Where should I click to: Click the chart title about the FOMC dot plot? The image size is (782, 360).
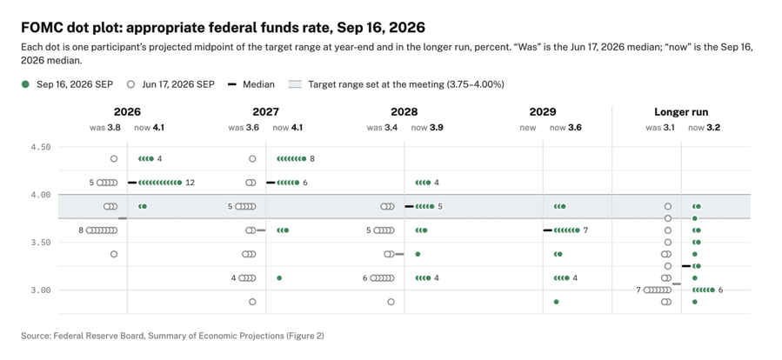click(x=223, y=27)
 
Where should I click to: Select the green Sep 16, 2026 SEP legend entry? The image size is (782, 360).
click(x=67, y=84)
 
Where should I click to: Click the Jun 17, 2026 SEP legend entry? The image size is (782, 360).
click(x=171, y=84)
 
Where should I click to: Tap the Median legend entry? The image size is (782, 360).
click(x=251, y=84)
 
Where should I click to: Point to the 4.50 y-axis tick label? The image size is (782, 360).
click(x=40, y=147)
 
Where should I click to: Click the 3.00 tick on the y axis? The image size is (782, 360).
click(x=40, y=290)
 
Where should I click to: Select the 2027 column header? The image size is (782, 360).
click(x=266, y=112)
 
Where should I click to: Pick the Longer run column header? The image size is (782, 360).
click(x=681, y=112)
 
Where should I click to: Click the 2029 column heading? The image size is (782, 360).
click(x=543, y=112)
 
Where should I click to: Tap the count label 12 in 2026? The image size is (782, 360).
click(x=190, y=183)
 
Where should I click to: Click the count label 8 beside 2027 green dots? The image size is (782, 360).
click(x=312, y=159)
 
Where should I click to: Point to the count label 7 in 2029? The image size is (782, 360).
click(x=585, y=230)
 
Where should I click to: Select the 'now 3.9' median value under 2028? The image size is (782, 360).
click(x=427, y=128)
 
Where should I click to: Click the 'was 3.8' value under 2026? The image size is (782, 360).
click(x=105, y=128)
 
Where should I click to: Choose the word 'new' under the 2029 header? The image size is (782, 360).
click(x=528, y=128)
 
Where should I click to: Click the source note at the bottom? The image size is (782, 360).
click(x=172, y=336)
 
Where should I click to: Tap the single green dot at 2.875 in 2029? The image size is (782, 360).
click(x=556, y=302)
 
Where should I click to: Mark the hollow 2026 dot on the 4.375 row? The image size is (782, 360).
click(x=114, y=159)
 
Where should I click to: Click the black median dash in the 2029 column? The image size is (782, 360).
click(x=548, y=230)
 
